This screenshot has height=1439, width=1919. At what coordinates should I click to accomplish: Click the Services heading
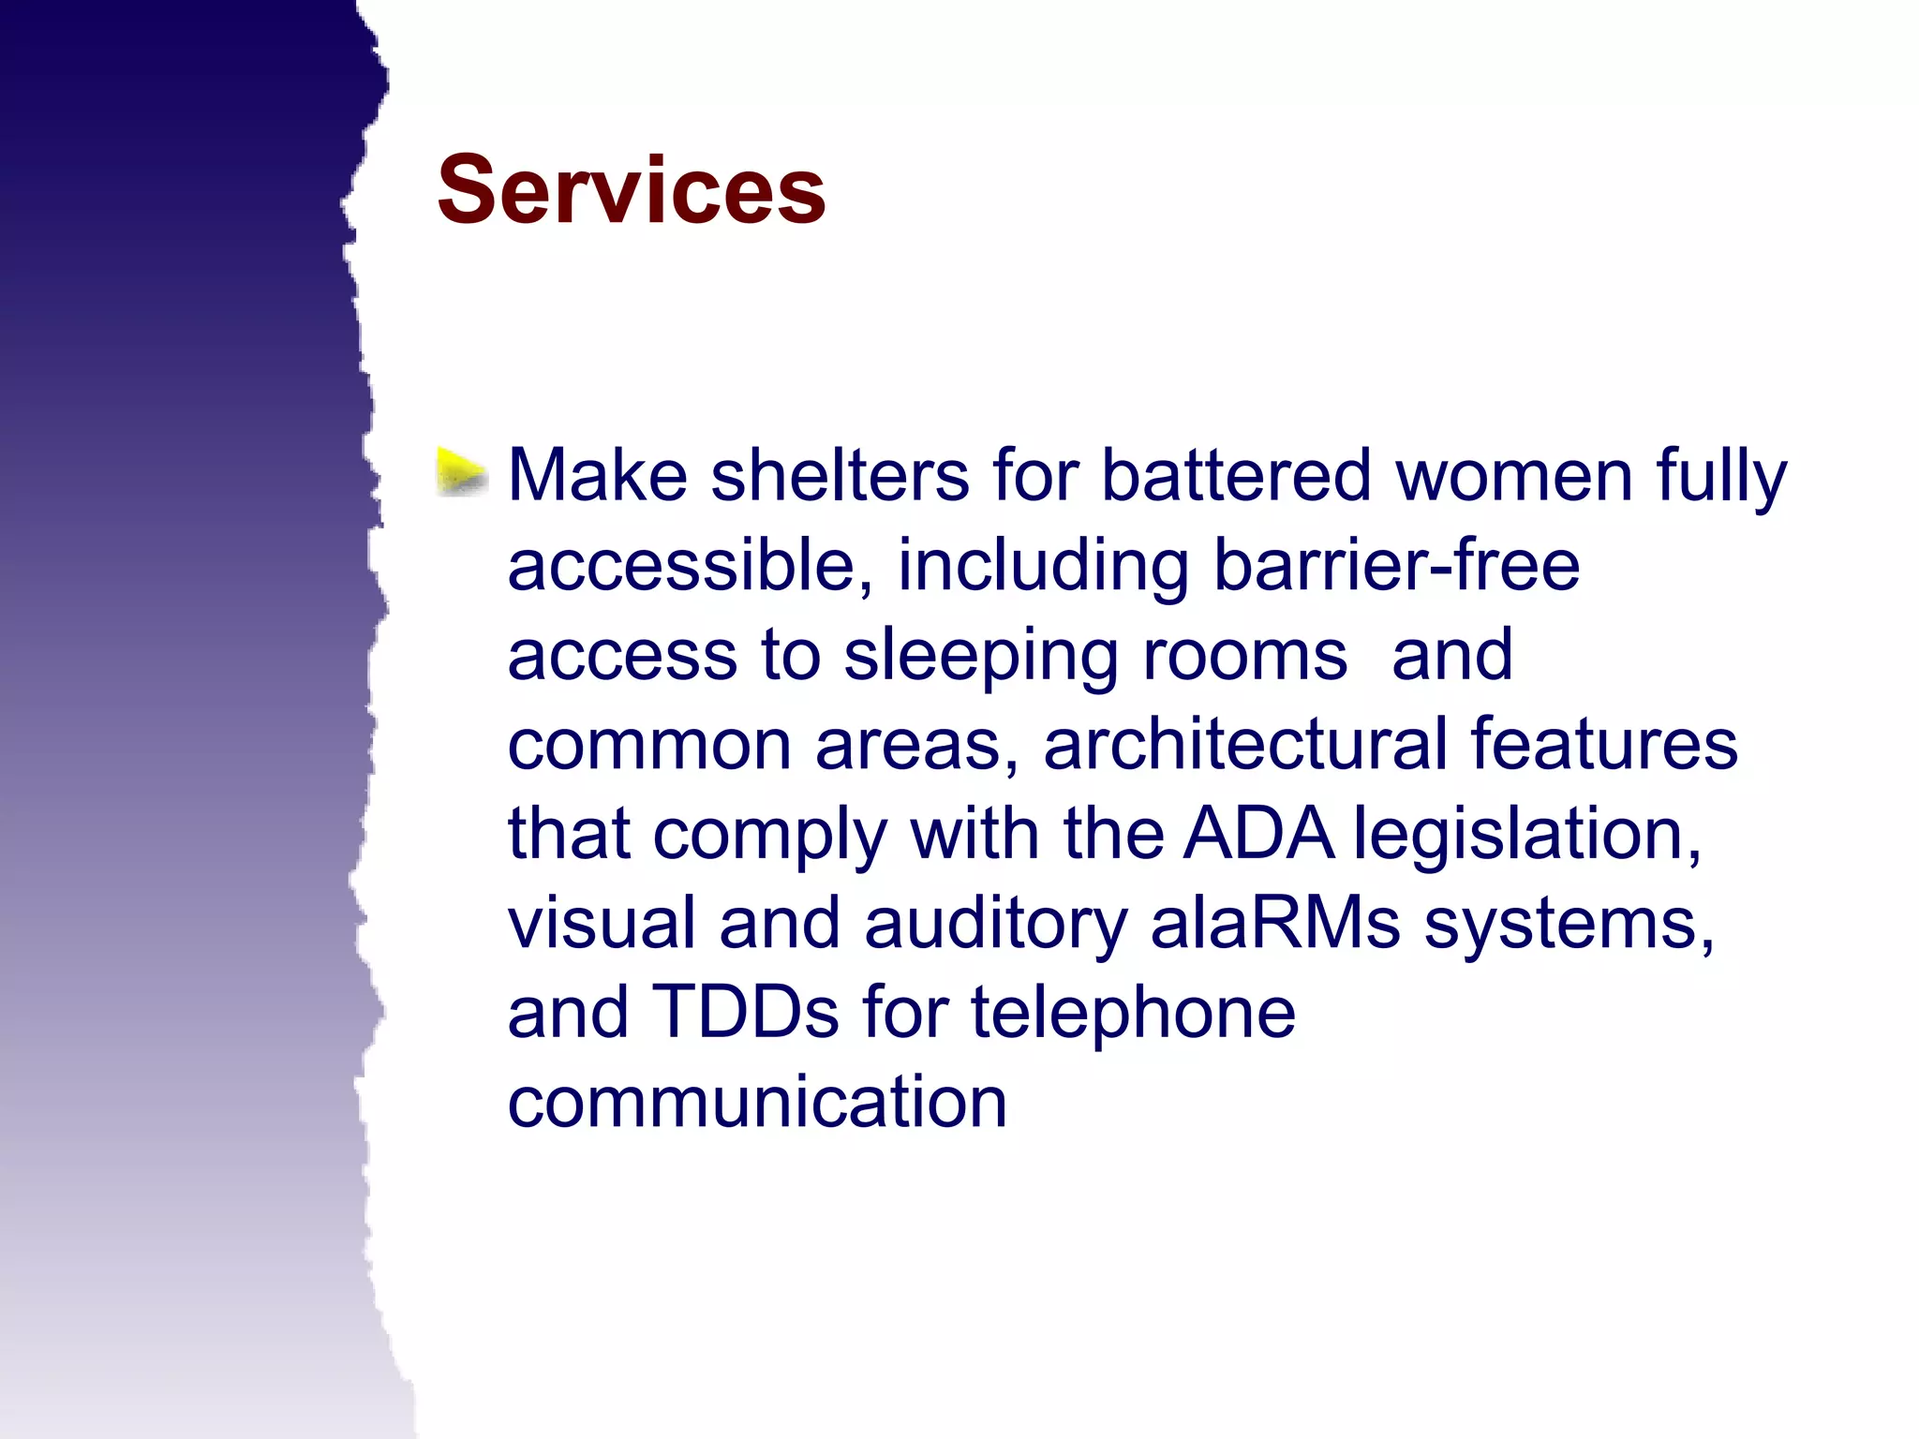(x=631, y=190)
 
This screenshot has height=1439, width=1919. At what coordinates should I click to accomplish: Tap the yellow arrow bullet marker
(x=461, y=471)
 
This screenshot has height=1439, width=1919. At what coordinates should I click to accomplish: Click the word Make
(x=598, y=476)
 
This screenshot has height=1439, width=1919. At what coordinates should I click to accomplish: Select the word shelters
(x=840, y=476)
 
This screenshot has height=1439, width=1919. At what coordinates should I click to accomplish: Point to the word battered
(x=1236, y=476)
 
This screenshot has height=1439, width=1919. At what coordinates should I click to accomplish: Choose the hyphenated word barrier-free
(x=1396, y=566)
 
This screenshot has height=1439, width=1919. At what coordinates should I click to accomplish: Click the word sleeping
(x=980, y=656)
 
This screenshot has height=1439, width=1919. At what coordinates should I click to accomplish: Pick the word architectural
(x=1244, y=744)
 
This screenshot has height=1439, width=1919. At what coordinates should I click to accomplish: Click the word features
(x=1603, y=744)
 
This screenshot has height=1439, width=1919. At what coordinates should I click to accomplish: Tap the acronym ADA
(x=1257, y=834)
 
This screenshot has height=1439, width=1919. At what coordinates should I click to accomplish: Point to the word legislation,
(x=1527, y=834)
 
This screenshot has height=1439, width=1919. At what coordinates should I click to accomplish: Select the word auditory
(x=995, y=924)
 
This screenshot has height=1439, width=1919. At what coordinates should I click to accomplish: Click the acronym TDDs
(x=744, y=1013)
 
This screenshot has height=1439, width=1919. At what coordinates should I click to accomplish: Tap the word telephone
(x=1133, y=1013)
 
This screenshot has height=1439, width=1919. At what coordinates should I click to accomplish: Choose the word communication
(x=757, y=1103)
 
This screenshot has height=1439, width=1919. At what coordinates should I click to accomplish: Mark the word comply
(x=769, y=834)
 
